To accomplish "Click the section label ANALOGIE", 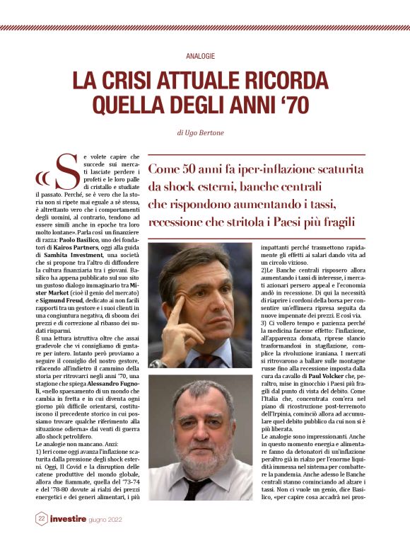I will (x=204, y=55).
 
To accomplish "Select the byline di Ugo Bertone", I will (x=204, y=132).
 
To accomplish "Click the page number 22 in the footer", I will (x=42, y=518).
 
